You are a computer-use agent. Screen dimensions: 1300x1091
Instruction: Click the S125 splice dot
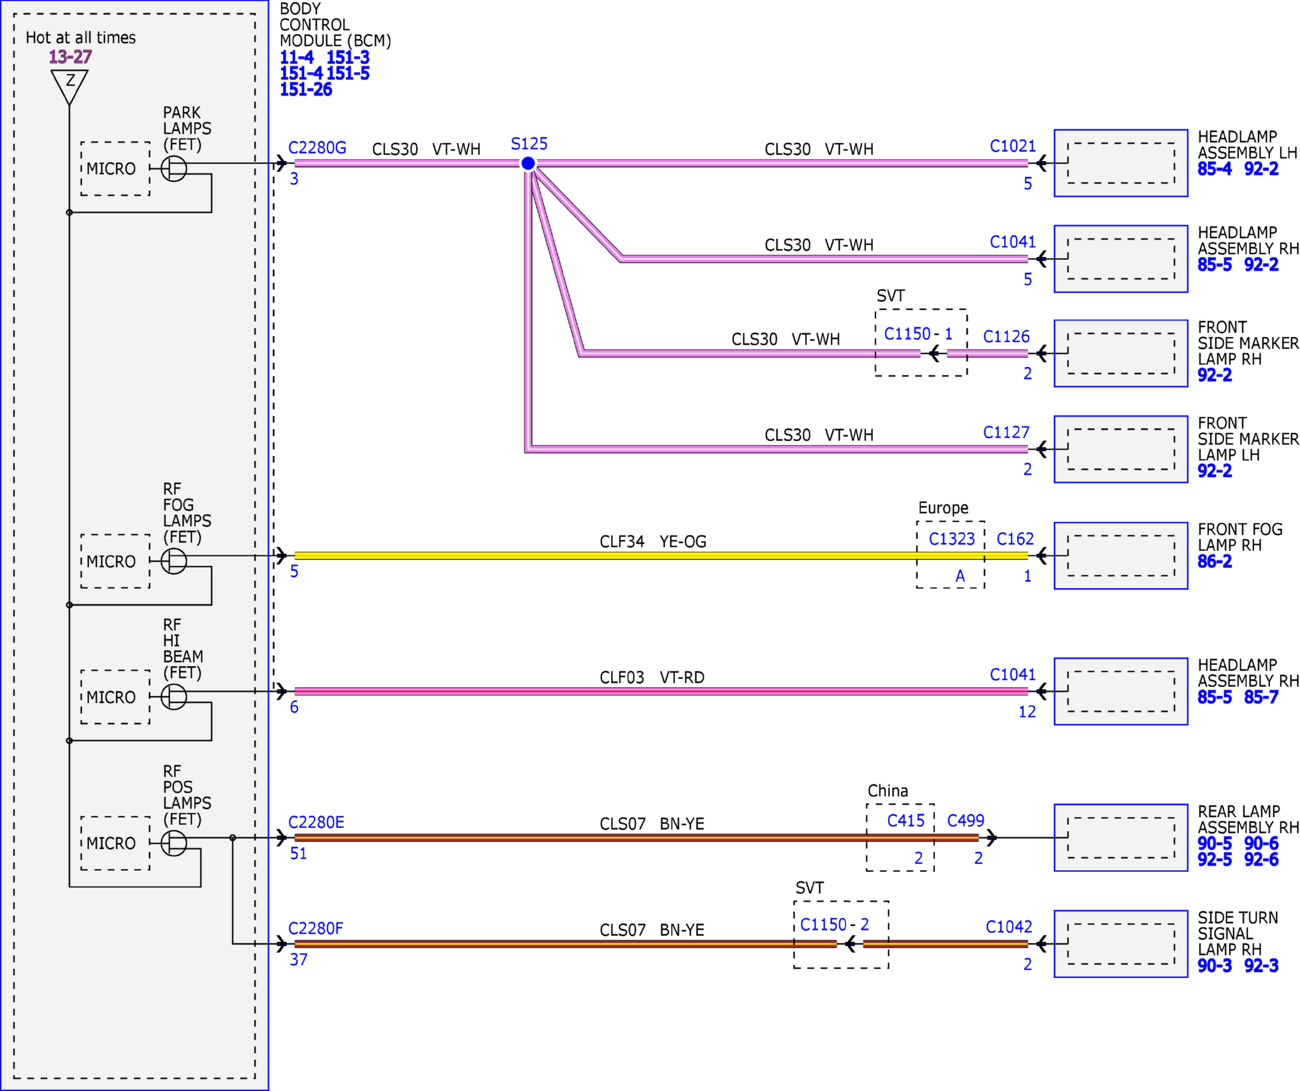pos(528,164)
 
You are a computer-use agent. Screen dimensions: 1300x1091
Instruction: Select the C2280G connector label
pos(317,148)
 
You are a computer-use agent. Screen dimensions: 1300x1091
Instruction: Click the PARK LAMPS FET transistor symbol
pos(174,168)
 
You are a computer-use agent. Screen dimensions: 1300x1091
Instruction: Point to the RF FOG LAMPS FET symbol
pos(174,561)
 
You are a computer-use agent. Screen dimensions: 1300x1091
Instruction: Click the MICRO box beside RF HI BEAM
pos(115,697)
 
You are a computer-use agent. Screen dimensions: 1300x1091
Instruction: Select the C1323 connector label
pos(952,539)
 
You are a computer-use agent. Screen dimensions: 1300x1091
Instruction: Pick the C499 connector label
pos(966,821)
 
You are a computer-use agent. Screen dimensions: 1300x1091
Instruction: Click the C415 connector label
pos(906,821)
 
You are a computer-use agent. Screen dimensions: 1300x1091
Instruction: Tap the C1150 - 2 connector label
pos(834,924)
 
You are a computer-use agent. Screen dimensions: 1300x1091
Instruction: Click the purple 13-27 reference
pos(71,57)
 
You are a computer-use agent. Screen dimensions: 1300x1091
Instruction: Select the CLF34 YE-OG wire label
pos(653,541)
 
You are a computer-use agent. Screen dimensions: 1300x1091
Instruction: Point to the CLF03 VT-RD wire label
pos(652,678)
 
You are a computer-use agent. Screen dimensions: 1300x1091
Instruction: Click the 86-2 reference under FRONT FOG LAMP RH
pos(1215,561)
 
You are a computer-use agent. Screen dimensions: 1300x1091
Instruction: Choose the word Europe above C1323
pos(944,508)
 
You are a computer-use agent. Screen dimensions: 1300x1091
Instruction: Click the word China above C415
pos(887,791)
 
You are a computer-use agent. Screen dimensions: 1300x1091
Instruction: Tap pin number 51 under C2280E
pos(298,854)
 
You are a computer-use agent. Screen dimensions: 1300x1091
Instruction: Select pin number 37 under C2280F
pos(298,960)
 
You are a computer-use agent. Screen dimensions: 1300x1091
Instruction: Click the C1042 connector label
pos(1009,927)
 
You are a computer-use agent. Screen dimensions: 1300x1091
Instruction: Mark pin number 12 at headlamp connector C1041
pos(1027,711)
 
